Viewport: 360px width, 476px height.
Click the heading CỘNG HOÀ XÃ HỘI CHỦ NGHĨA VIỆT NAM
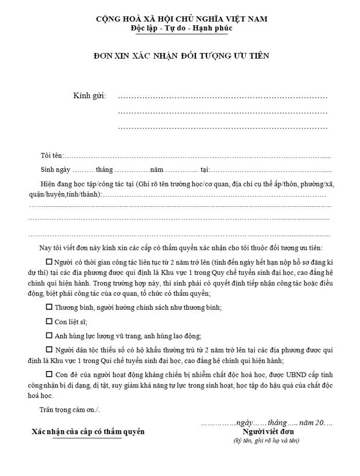[182, 19]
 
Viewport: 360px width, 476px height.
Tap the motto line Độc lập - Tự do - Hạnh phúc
[182, 28]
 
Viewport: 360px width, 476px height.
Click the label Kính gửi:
[89, 96]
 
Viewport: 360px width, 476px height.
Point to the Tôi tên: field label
[52, 155]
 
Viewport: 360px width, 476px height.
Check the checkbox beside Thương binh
[49, 307]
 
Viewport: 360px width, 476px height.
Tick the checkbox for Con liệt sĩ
[49, 322]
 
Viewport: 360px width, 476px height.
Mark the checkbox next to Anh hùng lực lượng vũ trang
[49, 336]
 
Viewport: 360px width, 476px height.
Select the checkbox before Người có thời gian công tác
[49, 261]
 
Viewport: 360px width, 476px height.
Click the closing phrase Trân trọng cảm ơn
[69, 410]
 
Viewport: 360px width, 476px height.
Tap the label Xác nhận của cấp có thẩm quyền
[88, 431]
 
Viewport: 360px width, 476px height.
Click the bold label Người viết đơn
[268, 431]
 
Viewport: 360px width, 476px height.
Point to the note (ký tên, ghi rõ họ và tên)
[266, 440]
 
